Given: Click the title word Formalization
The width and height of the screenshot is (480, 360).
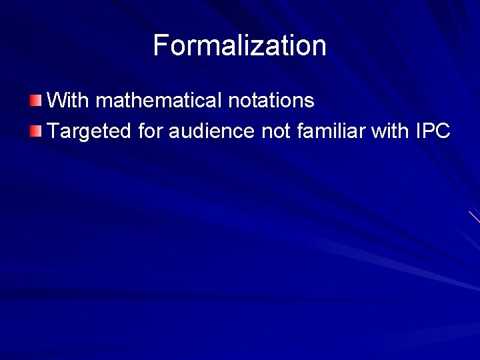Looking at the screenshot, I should coord(239,45).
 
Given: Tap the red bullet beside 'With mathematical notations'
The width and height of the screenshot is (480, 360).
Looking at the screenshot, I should coord(35,101).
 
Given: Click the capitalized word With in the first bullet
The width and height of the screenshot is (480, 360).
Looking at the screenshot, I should coord(69,101).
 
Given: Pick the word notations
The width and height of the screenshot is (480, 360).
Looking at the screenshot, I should coord(271,101).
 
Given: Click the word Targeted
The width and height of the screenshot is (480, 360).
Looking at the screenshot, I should coord(90,131).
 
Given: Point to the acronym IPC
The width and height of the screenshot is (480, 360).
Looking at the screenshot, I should coord(433,131).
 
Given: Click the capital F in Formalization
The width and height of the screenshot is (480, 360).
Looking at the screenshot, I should coord(161,45).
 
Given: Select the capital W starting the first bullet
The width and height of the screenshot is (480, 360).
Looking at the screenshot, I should coord(59,101).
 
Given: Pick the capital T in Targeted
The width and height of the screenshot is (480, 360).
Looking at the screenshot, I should coord(55,131).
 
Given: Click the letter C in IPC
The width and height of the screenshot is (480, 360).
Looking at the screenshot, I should coord(443,131).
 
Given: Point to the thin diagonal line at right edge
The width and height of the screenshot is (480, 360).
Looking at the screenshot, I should coord(475,217).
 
